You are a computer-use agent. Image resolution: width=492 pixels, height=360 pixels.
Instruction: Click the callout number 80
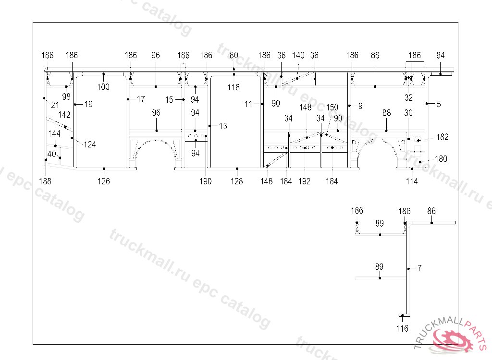(x=234, y=55)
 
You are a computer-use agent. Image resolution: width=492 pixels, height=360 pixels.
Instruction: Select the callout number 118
(x=234, y=87)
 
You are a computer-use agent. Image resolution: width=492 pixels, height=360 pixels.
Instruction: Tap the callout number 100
(x=103, y=87)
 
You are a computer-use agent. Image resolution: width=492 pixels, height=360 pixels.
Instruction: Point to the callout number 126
(x=104, y=181)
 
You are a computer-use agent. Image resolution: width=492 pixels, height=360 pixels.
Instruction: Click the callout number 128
(x=237, y=181)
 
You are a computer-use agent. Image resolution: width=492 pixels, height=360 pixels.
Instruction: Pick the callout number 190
(x=206, y=181)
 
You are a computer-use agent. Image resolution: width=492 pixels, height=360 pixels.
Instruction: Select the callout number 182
(x=442, y=137)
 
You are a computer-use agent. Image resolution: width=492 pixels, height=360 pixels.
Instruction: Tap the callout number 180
(x=441, y=159)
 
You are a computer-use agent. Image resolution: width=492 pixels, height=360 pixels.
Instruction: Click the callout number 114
(x=412, y=181)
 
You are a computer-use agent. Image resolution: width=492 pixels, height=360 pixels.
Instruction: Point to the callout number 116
(x=402, y=329)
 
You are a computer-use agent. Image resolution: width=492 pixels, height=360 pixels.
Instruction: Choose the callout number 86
(x=431, y=211)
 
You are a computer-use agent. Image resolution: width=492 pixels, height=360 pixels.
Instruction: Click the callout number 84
(x=441, y=55)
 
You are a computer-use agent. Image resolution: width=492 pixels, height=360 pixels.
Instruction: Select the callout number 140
(x=298, y=55)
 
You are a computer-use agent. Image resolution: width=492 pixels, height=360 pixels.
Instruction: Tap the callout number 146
(x=266, y=181)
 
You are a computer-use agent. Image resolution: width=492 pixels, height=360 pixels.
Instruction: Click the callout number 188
(x=45, y=181)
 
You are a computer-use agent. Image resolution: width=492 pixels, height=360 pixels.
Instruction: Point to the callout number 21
(x=55, y=105)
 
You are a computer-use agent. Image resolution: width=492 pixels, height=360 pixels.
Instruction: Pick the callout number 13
(x=223, y=126)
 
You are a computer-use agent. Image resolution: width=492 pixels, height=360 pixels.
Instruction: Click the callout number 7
(x=419, y=268)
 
